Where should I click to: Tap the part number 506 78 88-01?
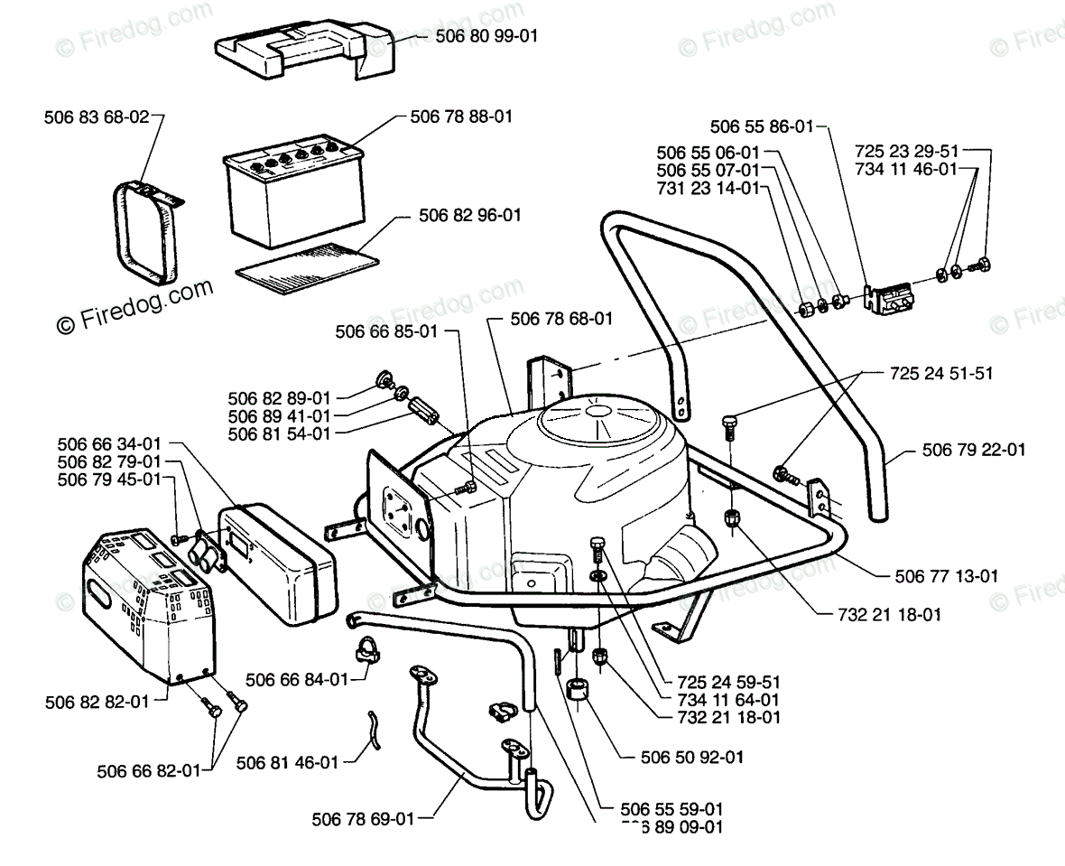461,116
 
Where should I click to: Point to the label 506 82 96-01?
470,216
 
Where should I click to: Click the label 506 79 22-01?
975,450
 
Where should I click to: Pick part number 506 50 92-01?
692,757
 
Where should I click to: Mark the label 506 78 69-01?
363,819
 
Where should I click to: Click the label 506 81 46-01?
287,762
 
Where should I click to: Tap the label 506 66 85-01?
385,331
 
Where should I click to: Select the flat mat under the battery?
306,257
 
